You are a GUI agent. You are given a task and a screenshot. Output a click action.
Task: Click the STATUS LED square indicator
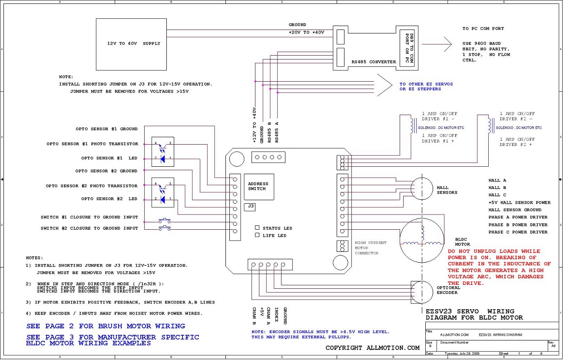point(257,228)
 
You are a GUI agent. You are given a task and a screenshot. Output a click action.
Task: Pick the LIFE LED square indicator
point(257,235)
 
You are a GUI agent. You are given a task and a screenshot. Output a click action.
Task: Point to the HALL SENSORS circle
point(411,188)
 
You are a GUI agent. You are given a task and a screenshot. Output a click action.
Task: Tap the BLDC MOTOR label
point(462,242)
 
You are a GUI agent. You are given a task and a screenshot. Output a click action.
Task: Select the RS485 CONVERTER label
point(374,62)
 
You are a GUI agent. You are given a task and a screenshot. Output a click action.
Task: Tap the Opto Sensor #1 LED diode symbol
point(163,159)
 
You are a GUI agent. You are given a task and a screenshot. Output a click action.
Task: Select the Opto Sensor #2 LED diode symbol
point(163,200)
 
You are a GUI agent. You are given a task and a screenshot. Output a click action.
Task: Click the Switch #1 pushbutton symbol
point(165,221)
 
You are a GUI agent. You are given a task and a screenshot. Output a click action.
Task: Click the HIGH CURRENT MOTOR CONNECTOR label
point(371,248)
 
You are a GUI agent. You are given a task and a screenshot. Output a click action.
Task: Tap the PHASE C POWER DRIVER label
point(518,232)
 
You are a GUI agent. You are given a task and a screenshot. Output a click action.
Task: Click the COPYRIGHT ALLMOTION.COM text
point(372,348)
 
